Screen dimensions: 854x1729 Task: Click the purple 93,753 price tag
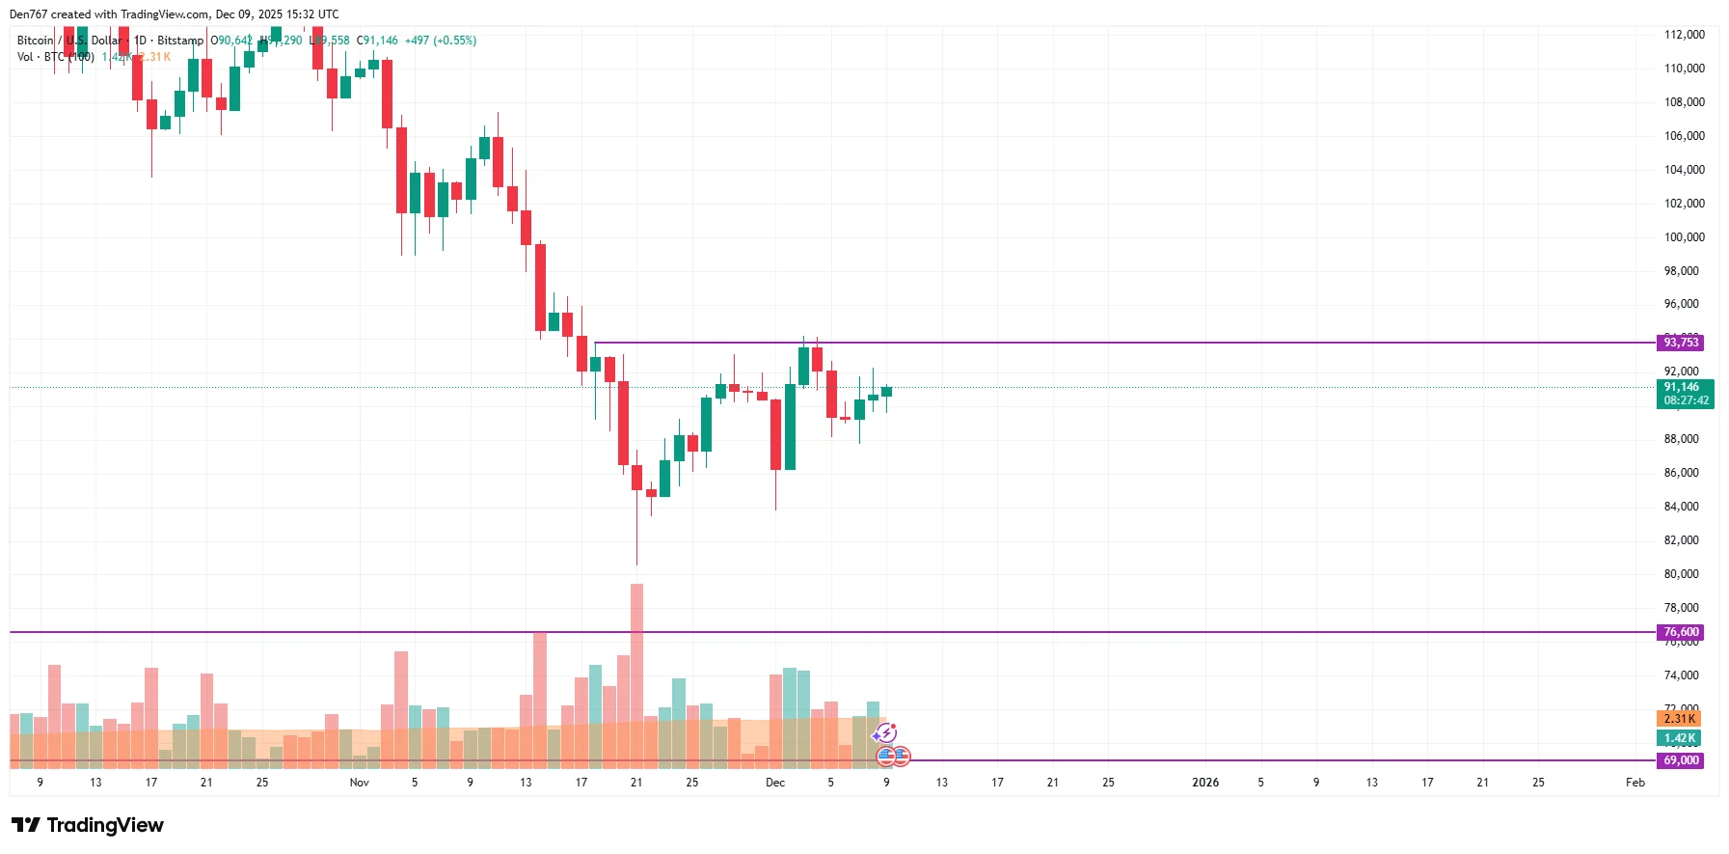(x=1680, y=343)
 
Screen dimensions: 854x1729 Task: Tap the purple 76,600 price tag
(x=1680, y=632)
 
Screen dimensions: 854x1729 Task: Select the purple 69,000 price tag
(x=1680, y=760)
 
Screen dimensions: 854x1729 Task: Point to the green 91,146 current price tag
(x=1684, y=393)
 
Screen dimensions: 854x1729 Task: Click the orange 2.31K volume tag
(x=1679, y=718)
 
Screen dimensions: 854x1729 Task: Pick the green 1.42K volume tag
(x=1679, y=738)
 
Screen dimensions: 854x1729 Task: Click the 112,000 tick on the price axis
(x=1684, y=35)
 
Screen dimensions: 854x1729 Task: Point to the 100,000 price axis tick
(x=1684, y=237)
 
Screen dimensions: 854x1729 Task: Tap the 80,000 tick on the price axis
(x=1684, y=574)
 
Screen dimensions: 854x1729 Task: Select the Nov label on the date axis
(x=359, y=783)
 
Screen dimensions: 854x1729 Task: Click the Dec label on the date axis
(x=775, y=783)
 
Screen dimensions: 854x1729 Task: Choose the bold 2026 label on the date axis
(x=1204, y=783)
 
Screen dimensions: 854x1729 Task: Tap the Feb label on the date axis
(x=1634, y=783)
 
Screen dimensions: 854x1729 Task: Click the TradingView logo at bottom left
(x=88, y=825)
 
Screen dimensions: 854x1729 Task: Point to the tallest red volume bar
(x=636, y=675)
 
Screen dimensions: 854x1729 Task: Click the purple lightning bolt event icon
(x=886, y=733)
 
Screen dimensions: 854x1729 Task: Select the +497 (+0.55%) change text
(x=440, y=41)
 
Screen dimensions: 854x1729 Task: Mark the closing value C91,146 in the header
(x=377, y=41)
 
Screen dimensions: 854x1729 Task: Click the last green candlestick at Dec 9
(x=886, y=392)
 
